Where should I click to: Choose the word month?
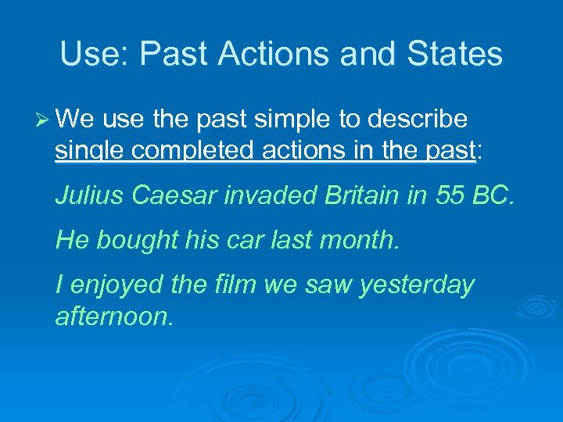[364, 240]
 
